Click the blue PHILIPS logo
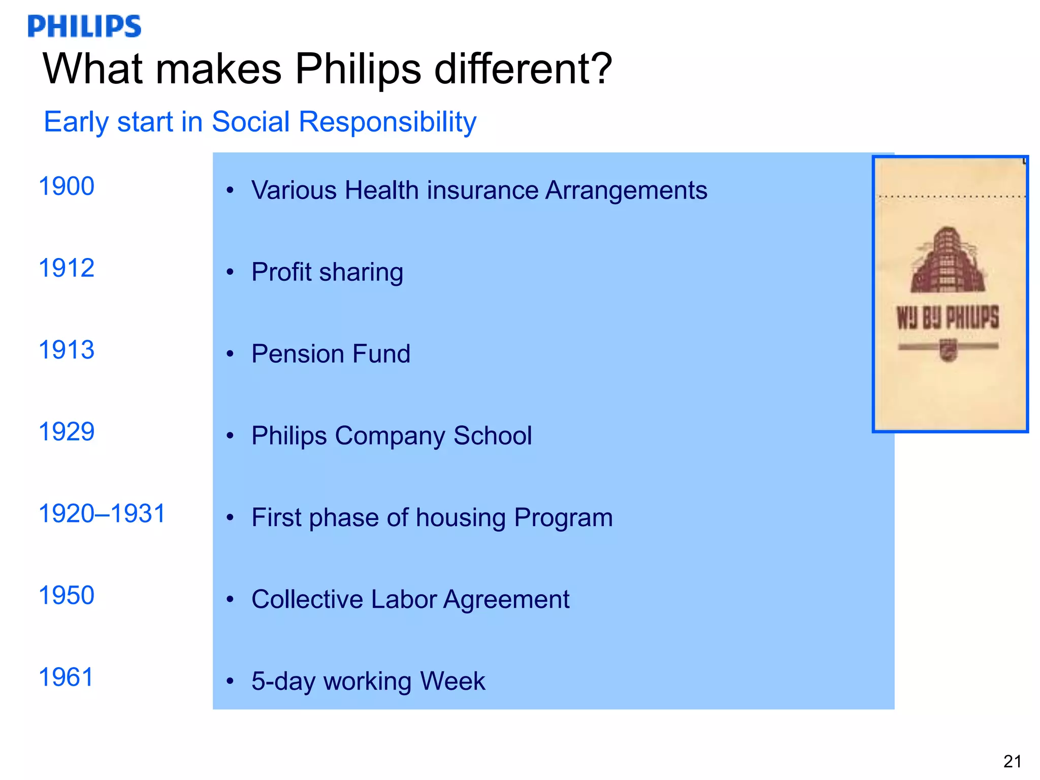point(84,26)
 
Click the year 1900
point(67,186)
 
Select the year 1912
point(67,268)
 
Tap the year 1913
point(67,350)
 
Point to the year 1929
point(67,432)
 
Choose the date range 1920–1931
point(102,513)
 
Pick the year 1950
point(67,595)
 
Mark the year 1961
point(67,677)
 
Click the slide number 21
point(1013,761)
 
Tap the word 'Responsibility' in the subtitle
point(387,122)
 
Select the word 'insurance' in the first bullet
point(482,190)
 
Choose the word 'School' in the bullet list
point(493,436)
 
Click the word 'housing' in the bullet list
point(461,518)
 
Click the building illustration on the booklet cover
point(948,260)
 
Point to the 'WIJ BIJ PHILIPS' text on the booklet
point(948,318)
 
